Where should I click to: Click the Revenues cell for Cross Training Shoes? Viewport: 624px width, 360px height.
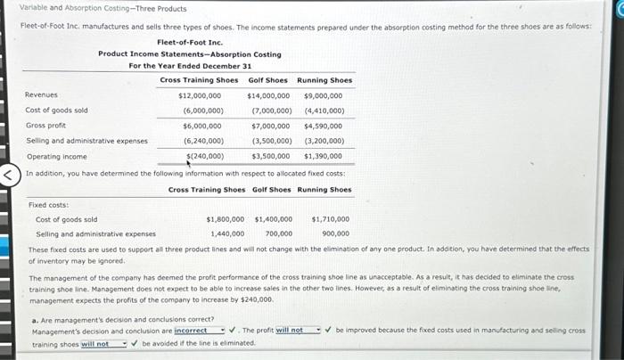(200, 95)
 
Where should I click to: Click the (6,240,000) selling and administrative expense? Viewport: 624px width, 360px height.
(203, 141)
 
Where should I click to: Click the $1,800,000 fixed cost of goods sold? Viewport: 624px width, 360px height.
(226, 218)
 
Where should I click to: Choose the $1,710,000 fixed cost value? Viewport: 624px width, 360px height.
(330, 218)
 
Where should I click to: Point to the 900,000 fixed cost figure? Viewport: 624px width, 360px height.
(335, 233)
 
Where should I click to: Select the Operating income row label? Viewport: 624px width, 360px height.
(51, 156)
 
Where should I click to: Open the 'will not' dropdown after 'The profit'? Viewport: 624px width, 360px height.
(296, 331)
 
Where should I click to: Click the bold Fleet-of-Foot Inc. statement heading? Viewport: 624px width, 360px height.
(190, 42)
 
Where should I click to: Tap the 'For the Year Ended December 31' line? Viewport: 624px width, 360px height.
(190, 66)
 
